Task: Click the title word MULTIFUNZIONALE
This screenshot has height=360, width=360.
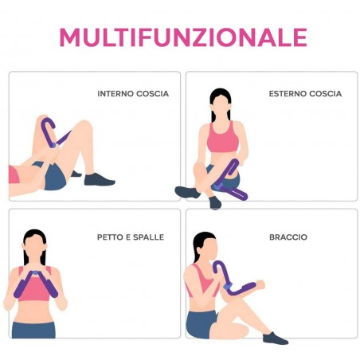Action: (x=183, y=37)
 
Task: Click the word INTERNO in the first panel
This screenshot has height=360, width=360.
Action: (x=115, y=94)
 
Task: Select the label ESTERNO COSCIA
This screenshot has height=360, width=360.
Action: (x=305, y=94)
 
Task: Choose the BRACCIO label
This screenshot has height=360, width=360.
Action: (x=288, y=237)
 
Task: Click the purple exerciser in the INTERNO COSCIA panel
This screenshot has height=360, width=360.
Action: (x=53, y=132)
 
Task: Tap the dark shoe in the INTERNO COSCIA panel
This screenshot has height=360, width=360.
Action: (x=99, y=179)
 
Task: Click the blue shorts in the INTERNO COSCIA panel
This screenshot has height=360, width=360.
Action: (x=54, y=177)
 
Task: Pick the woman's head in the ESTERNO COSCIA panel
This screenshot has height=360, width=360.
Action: (x=220, y=104)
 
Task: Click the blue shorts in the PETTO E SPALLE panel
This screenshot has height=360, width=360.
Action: (x=33, y=329)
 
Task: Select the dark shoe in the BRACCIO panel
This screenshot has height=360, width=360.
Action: (x=275, y=338)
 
